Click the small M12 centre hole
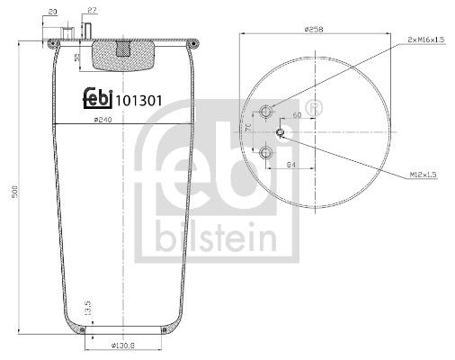pyautogui.click(x=281, y=133)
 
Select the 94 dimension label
pyautogui.click(x=290, y=166)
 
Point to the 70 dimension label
pyautogui.click(x=249, y=130)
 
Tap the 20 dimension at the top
pyautogui.click(x=53, y=10)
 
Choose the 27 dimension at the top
pyautogui.click(x=92, y=10)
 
